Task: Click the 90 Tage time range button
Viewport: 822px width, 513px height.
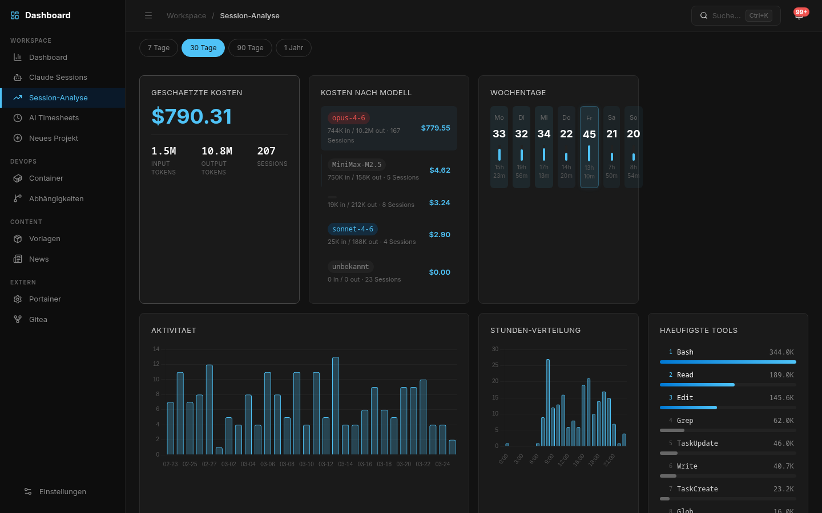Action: pos(250,48)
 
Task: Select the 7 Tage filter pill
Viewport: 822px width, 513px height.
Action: pos(159,48)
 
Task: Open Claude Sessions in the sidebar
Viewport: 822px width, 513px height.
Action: pos(58,78)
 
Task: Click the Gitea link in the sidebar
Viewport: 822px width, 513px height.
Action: pos(38,320)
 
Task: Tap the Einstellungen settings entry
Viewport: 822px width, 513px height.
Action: pos(62,492)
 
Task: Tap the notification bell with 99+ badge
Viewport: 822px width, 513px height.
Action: pos(799,16)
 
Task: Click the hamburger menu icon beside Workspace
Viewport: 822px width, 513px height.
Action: pos(148,16)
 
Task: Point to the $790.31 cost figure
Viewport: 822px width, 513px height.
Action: pos(192,117)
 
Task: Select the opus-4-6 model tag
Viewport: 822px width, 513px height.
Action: pos(348,118)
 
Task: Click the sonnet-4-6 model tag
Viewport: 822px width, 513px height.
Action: pos(353,229)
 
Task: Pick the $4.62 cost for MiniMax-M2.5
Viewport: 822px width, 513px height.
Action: pos(440,170)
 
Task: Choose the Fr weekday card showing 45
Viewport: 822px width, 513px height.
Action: pos(589,147)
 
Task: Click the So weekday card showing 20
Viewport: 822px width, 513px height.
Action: pos(633,147)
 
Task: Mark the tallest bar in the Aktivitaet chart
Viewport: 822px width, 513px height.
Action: pos(336,406)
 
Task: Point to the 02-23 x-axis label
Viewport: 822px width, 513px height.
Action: pos(170,465)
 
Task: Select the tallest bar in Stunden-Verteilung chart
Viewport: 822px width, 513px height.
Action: pos(548,402)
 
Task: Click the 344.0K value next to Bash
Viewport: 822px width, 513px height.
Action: pos(781,352)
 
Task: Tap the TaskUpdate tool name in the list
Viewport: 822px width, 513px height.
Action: pos(697,443)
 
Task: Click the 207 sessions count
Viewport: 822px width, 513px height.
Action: pos(266,152)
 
